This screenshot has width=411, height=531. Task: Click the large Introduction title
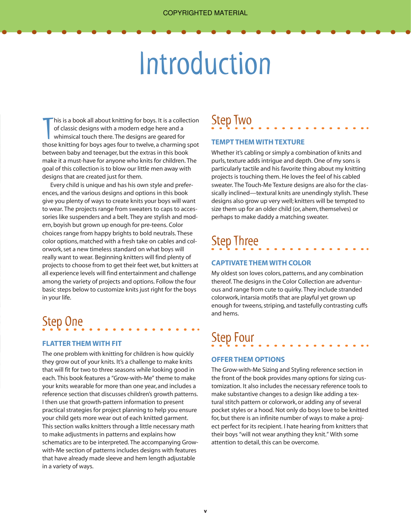205,64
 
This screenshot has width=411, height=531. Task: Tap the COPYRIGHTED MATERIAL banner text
205,13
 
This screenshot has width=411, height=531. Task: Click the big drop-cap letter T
48,128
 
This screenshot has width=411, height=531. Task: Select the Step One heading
62,322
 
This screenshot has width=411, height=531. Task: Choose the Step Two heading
231,120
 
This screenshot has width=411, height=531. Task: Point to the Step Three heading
235,241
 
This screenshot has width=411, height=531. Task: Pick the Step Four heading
233,338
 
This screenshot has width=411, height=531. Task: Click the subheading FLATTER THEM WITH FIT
82,344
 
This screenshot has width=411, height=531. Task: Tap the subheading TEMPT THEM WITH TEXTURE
258,142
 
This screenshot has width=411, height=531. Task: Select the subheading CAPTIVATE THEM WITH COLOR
261,263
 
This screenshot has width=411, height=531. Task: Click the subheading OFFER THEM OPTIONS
248,360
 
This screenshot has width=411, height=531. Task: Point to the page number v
205,511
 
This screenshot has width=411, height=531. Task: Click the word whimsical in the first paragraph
67,137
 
